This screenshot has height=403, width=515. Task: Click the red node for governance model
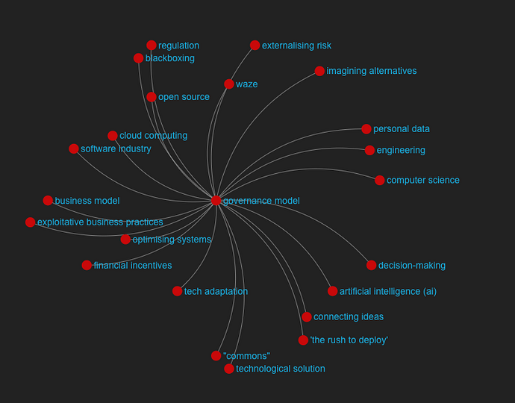click(216, 200)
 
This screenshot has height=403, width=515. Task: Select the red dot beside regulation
click(151, 45)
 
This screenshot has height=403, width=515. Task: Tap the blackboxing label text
click(170, 58)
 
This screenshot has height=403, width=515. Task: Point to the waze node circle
click(229, 84)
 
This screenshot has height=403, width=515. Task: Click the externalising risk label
click(296, 46)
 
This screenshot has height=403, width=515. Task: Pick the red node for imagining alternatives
click(319, 71)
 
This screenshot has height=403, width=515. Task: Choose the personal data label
click(402, 129)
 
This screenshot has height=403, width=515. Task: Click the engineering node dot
click(369, 150)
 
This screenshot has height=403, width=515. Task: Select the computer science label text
click(423, 181)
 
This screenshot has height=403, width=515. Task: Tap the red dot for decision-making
click(371, 265)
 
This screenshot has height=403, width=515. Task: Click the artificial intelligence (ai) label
click(388, 291)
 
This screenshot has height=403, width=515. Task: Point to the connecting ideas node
click(307, 316)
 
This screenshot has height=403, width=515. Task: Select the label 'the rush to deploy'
click(349, 340)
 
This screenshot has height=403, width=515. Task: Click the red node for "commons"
click(216, 356)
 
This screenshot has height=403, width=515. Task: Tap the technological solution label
click(281, 369)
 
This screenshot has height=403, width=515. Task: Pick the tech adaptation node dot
click(177, 291)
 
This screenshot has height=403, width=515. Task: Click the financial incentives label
click(133, 266)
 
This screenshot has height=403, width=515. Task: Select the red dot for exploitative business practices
click(30, 222)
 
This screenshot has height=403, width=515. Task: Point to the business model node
click(48, 200)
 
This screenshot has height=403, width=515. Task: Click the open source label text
click(184, 97)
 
